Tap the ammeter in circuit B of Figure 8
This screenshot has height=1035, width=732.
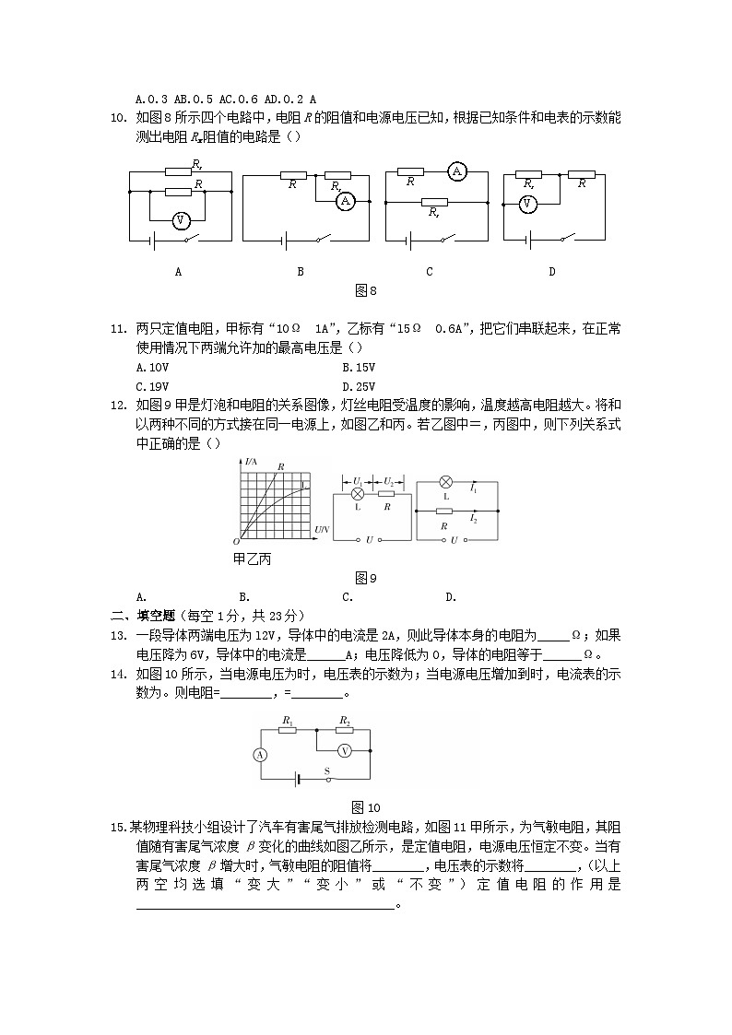tap(345, 200)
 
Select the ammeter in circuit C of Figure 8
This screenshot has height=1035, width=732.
tap(455, 171)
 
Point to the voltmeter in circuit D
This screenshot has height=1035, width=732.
tap(527, 205)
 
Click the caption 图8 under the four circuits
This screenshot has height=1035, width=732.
tap(366, 290)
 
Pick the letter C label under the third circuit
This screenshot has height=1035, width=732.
tap(430, 272)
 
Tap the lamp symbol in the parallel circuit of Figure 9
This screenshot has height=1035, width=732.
tap(445, 482)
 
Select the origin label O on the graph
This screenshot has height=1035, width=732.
tap(236, 542)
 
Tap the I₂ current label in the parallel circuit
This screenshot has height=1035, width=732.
tap(473, 519)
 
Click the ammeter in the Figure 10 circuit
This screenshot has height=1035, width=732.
tap(260, 754)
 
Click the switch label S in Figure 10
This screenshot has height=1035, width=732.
tap(325, 770)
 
